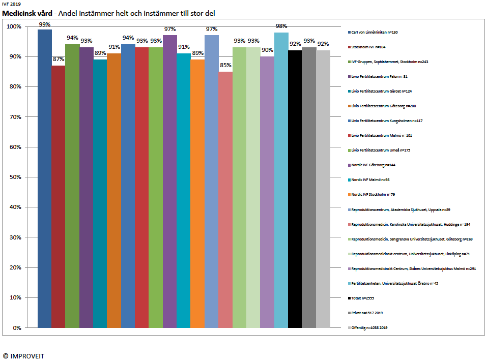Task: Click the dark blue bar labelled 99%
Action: click(x=45, y=178)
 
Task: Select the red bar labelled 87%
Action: click(x=59, y=196)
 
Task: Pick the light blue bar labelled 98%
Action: click(x=281, y=180)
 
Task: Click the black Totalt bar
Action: click(x=295, y=189)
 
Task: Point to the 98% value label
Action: click(x=281, y=26)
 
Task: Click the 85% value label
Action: click(x=225, y=65)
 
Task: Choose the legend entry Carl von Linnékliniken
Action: click(x=375, y=32)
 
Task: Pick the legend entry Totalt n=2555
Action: click(x=366, y=298)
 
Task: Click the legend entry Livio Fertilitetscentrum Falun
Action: click(x=379, y=76)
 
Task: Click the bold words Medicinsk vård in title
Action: click(x=25, y=13)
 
